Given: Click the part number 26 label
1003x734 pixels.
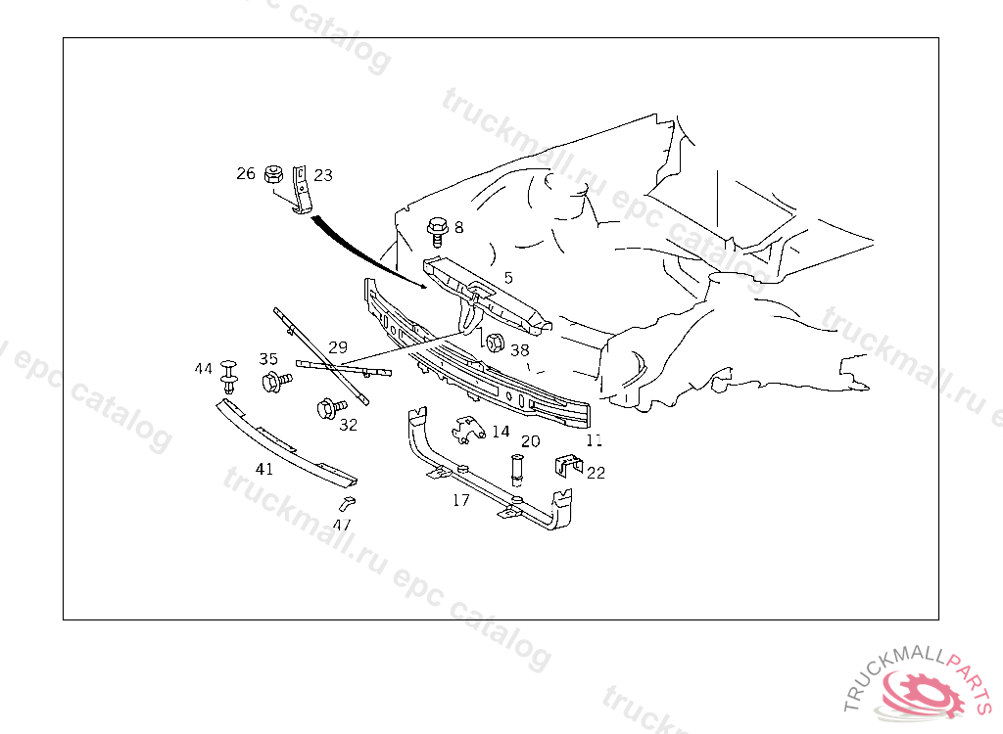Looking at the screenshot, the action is [245, 174].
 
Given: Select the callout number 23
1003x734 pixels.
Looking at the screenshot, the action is [323, 175].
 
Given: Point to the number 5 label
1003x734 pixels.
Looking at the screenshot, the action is [508, 278].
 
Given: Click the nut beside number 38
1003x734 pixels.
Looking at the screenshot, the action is [495, 343].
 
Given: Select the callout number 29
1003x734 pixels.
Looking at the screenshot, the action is [338, 347].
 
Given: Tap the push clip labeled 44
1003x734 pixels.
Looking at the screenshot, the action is [230, 373].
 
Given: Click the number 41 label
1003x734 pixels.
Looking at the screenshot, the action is [264, 469].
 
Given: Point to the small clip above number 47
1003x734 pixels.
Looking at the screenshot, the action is [346, 503].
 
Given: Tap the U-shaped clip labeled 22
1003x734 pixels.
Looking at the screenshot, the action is [566, 464].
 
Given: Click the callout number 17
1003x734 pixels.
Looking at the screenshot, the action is [460, 500].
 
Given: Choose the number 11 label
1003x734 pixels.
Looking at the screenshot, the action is [595, 440].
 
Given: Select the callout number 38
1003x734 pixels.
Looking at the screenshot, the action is [519, 349].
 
